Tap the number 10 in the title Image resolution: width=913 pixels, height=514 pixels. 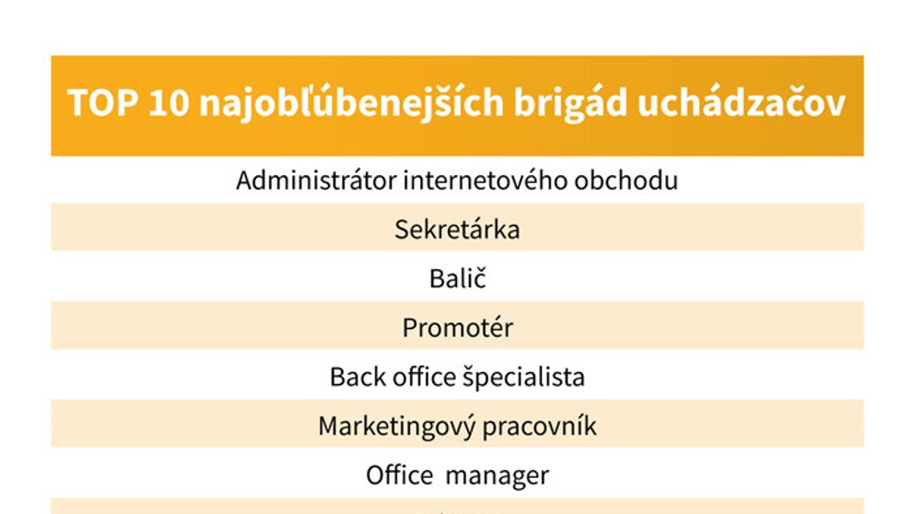point(166,103)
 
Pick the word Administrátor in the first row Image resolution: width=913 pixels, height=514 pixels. point(316,180)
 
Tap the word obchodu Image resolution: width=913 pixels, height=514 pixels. point(626,180)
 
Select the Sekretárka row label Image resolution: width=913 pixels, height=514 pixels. point(457,229)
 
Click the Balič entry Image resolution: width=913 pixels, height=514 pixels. point(457,278)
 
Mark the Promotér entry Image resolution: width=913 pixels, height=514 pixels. point(457,328)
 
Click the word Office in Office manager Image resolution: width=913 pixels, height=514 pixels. point(399,475)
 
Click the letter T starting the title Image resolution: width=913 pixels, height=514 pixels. point(76,103)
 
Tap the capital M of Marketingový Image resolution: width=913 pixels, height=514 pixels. point(328,426)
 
